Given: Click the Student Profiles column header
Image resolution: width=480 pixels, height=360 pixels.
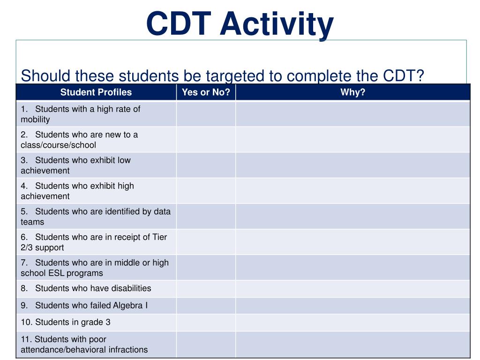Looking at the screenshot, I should coord(96,92).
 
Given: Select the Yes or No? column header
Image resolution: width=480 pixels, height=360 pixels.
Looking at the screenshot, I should coord(206,92).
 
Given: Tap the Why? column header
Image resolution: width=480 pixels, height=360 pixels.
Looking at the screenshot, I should coord(352,92).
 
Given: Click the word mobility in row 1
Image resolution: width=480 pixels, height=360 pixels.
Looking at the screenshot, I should coord(35,120).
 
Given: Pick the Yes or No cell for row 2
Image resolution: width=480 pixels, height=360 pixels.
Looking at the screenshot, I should coord(206,140).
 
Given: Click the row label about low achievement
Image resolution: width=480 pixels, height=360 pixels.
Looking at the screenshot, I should coord(75,165).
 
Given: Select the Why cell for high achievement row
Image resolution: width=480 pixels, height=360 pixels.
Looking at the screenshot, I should coord(352,191).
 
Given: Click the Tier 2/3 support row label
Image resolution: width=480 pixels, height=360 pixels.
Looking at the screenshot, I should coord(94,242).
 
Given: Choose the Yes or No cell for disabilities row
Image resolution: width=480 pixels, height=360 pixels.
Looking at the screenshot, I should coord(206,289).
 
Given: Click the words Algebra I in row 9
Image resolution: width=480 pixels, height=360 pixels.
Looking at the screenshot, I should coord(130,306).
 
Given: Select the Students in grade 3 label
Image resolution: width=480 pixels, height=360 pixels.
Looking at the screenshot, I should coord(66,322).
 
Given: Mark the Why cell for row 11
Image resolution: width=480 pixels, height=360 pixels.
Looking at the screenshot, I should coord(352,345).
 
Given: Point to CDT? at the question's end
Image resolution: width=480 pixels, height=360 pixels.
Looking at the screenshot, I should coord(403,75).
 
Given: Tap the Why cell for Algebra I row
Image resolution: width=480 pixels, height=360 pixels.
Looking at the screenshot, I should coord(352,306).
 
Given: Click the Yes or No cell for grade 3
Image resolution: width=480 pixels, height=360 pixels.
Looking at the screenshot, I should coord(206,322).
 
